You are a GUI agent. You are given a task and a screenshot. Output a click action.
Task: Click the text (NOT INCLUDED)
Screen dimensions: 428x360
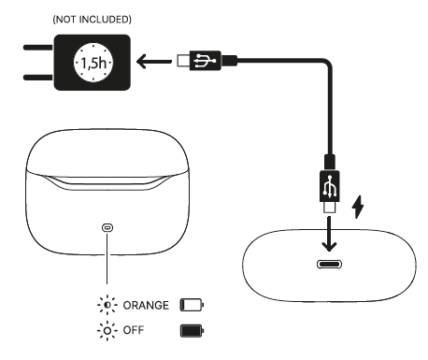[92, 20]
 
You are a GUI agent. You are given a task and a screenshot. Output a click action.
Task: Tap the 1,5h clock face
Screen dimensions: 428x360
[93, 63]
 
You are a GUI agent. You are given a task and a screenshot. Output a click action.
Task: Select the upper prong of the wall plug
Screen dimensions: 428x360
[38, 48]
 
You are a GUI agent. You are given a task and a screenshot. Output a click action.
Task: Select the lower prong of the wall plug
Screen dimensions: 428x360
[38, 78]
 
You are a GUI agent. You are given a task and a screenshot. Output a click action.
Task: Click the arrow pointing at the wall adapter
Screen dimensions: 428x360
[154, 62]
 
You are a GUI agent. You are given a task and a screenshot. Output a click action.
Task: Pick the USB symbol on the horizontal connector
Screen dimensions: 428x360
[205, 60]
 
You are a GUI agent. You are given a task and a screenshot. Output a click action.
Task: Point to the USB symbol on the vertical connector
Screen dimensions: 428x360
[330, 186]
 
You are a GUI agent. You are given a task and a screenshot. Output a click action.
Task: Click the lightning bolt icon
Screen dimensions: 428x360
[358, 207]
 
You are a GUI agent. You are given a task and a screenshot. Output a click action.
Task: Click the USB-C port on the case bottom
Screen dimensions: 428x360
[329, 265]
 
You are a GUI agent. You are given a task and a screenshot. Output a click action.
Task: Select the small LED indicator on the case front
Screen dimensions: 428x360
[107, 228]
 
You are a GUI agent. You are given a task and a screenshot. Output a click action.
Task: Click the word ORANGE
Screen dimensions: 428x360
[146, 305]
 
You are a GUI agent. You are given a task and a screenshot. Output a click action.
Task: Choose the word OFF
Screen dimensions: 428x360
[134, 330]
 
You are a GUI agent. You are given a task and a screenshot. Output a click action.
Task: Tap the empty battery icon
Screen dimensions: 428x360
[192, 305]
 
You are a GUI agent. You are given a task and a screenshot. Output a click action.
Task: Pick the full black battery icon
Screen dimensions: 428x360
[192, 331]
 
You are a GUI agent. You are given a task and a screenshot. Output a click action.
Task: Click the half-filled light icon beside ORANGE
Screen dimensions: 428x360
[107, 305]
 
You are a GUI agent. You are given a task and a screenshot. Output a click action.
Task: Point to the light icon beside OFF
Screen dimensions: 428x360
[107, 330]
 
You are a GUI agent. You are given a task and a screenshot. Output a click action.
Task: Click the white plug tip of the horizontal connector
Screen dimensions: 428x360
[184, 61]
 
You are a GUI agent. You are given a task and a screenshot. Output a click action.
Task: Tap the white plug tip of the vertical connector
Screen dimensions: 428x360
[330, 208]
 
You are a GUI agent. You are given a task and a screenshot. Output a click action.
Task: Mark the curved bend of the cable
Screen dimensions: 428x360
[327, 64]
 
